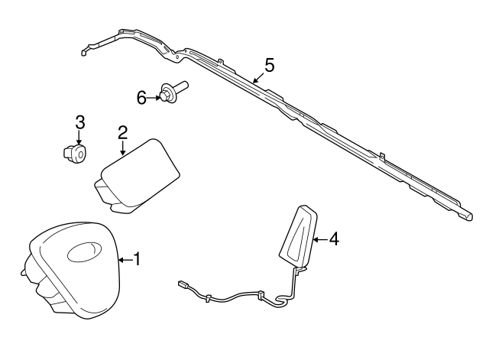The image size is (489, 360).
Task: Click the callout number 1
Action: point(138,259)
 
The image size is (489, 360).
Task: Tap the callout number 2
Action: point(122,133)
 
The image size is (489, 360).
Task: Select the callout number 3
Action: point(79,121)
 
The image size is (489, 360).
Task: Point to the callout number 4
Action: point(333,239)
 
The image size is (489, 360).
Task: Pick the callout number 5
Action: point(267,64)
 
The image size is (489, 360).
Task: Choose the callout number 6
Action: point(141,97)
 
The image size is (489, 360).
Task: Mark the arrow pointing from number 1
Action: point(125,260)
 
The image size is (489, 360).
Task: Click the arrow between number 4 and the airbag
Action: point(321,239)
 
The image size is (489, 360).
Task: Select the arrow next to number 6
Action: point(152,97)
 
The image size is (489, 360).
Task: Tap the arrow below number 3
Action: point(79,136)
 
